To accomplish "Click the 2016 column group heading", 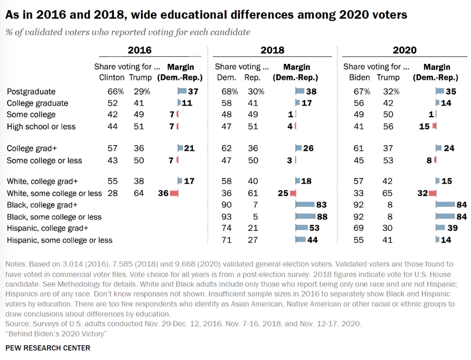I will pyautogui.click(x=140, y=50).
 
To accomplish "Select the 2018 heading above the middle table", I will pyautogui.click(x=272, y=50).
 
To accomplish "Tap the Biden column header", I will pyautogui.click(x=359, y=78).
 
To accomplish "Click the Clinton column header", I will pyautogui.click(x=112, y=78).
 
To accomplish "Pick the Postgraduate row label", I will pyautogui.click(x=31, y=92).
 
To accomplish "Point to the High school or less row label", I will pyautogui.click(x=41, y=127).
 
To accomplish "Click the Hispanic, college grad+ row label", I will pyautogui.click(x=47, y=228).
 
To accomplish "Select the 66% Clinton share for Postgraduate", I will pyautogui.click(x=116, y=92).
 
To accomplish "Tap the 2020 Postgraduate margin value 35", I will pyautogui.click(x=451, y=92).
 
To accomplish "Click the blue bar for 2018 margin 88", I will pyautogui.click(x=306, y=217).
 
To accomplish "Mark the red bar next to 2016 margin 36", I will pyautogui.click(x=174, y=193).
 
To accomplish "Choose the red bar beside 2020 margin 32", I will pyautogui.click(x=432, y=193).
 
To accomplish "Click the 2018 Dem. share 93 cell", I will pyautogui.click(x=226, y=217).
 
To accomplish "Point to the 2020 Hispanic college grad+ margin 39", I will pyautogui.click(x=452, y=228).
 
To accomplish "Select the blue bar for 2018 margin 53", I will pyautogui.click(x=302, y=228).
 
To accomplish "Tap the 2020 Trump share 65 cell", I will pyautogui.click(x=388, y=193).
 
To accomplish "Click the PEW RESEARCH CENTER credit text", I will pyautogui.click(x=48, y=348).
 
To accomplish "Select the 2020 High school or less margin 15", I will pyautogui.click(x=424, y=127).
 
